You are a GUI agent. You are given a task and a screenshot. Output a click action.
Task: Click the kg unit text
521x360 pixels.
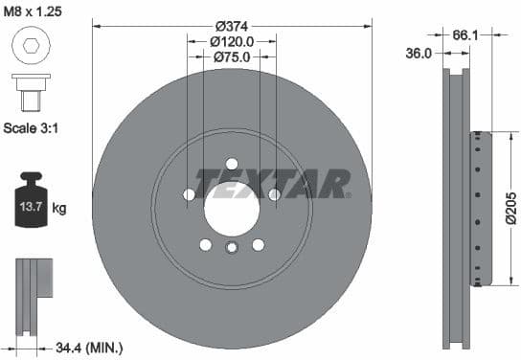[59, 207]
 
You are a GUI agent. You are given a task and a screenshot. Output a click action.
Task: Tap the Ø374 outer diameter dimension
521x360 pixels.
[231, 25]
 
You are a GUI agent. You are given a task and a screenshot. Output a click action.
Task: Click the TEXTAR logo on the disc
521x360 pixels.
[272, 182]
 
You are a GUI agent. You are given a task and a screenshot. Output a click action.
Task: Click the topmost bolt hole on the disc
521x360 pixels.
[232, 164]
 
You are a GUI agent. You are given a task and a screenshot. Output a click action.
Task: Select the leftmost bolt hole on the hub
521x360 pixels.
[189, 195]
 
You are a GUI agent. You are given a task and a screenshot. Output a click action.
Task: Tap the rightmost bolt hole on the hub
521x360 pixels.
[274, 195]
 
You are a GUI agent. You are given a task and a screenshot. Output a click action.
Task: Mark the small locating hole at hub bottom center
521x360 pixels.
[232, 250]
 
